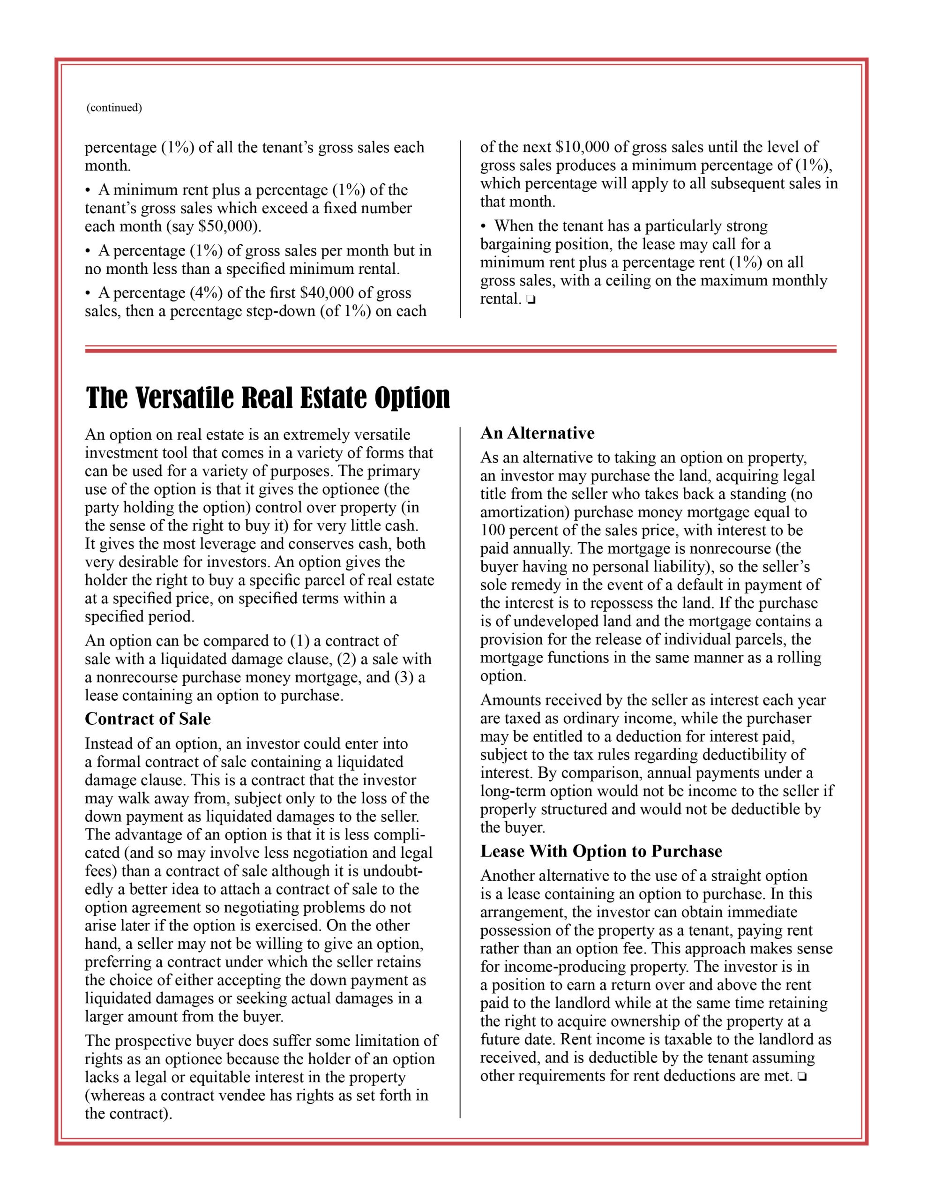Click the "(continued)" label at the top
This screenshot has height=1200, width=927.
114,108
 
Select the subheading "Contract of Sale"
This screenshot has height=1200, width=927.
147,719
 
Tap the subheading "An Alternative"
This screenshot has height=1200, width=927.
537,433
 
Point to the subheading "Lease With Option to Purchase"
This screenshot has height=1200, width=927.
601,851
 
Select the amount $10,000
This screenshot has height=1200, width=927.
583,147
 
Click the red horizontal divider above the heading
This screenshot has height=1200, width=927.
461,349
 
